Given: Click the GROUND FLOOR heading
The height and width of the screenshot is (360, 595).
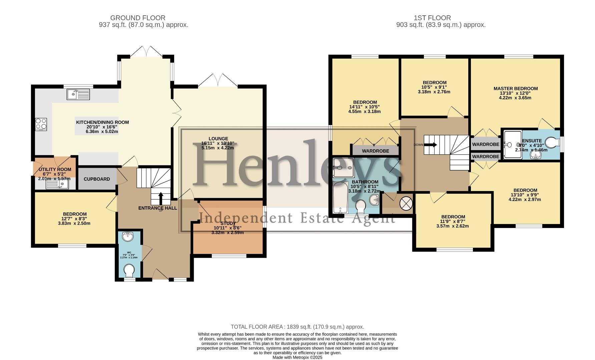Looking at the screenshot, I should coord(138,18).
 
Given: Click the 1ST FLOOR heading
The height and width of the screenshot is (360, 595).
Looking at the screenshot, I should coord(432,18).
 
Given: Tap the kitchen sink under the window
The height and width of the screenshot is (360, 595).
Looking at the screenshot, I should coord(78,94).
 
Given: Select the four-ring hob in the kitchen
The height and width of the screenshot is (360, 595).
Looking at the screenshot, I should coord(41,124).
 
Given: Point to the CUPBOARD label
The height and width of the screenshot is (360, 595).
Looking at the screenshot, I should coord(97,179).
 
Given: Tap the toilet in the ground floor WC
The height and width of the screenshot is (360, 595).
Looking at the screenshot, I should coord(129,270).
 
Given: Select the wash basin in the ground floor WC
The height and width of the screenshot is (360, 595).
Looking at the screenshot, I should coord(128,236).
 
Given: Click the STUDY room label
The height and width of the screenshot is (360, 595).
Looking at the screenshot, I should coord(228,223).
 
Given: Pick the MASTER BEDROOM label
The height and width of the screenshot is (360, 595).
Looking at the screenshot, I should coord(515,89).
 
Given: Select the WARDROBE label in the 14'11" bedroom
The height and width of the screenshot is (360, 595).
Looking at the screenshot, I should coord(376,151).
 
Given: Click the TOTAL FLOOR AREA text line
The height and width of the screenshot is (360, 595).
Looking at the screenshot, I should coord(297,327).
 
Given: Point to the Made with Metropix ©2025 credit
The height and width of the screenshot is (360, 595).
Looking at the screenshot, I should coord(297,357).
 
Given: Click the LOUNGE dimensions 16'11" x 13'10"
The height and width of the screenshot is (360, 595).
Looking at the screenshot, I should coord(218,143).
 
